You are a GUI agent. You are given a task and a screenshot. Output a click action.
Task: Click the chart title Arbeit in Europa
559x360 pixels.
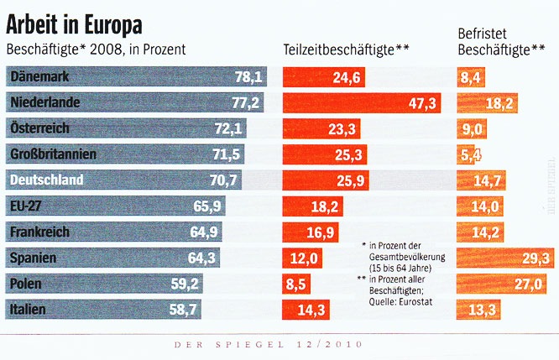75,19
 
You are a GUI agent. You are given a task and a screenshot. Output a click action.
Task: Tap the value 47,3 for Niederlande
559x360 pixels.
422,104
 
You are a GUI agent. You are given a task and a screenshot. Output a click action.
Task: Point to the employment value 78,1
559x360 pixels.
249,78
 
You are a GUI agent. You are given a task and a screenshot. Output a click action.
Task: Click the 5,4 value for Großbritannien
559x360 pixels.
471,154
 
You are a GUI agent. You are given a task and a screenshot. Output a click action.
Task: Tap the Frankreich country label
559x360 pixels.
39,232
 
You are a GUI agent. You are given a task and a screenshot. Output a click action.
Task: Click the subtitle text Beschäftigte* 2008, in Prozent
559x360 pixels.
96,50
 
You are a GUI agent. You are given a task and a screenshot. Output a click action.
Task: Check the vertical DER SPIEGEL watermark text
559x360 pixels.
551,185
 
